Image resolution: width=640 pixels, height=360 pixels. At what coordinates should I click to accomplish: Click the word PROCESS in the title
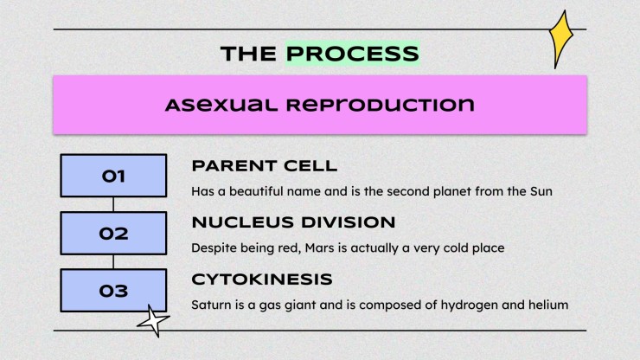(x=352, y=54)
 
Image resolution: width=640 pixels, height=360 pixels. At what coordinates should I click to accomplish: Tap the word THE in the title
(x=248, y=54)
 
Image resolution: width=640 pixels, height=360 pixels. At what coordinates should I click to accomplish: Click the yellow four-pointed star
(x=561, y=39)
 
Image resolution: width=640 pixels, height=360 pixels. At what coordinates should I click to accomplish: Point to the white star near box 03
(x=153, y=321)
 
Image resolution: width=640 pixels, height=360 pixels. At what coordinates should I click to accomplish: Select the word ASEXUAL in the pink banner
(x=221, y=105)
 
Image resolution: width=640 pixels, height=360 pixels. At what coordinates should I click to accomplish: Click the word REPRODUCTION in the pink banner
(x=380, y=105)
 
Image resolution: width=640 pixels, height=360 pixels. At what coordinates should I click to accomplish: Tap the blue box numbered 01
(x=113, y=176)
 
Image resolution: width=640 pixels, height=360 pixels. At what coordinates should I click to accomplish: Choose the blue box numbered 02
(x=113, y=234)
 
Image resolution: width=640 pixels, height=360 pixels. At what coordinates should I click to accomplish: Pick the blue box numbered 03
(x=113, y=291)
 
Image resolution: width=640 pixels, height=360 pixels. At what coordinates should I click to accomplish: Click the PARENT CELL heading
(x=265, y=166)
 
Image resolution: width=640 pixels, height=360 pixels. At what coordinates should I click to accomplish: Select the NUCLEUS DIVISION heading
(x=293, y=222)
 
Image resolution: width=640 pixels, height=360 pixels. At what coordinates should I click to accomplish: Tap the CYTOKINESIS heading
(x=262, y=280)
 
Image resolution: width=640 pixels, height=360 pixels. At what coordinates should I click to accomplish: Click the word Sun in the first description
(x=541, y=191)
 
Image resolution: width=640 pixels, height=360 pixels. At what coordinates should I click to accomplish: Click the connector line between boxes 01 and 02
(x=113, y=204)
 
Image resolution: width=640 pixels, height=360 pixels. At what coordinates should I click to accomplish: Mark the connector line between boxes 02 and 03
(x=113, y=262)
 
